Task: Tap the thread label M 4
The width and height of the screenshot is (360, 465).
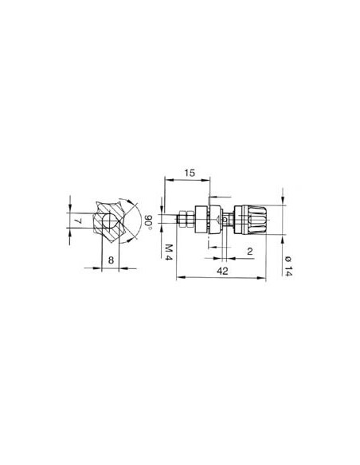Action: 170,253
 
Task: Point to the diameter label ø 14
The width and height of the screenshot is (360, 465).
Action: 288,264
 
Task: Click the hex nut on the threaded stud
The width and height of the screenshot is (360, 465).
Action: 185,219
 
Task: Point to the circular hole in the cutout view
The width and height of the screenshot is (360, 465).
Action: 105,219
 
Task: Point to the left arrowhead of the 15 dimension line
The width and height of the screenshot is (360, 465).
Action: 165,182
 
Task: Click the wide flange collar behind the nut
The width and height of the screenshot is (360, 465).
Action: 209,219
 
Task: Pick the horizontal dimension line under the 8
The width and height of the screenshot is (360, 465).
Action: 110,268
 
